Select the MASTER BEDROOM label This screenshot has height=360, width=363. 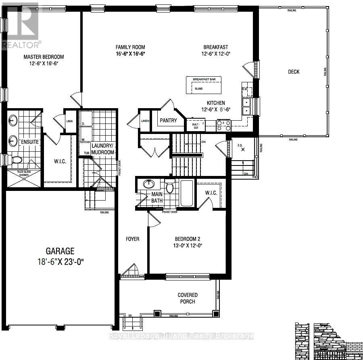(44, 57)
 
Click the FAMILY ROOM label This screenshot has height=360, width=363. (130, 47)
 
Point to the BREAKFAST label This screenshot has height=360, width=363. (216, 47)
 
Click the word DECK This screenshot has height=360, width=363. (294, 72)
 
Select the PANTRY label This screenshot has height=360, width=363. (169, 120)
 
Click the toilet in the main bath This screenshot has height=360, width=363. (170, 188)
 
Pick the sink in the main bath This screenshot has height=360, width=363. (148, 184)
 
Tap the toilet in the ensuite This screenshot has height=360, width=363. (16, 160)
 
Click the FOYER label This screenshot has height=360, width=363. (132, 239)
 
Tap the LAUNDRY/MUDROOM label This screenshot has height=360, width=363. (103, 149)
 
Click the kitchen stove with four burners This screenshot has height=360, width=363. (223, 126)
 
